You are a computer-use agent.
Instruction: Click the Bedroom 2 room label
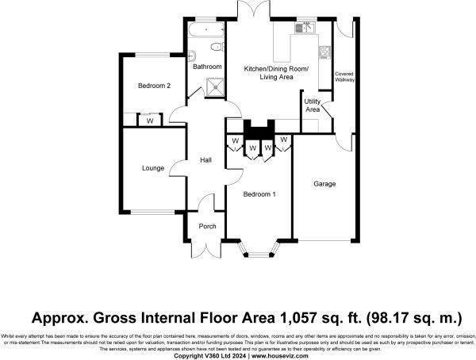tap(154, 86)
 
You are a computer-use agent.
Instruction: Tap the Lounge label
tap(153, 168)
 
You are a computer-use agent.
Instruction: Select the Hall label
tap(205, 160)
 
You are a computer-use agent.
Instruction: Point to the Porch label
tap(207, 226)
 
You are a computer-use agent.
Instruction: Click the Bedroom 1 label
tap(259, 194)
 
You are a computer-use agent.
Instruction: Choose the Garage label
tap(324, 184)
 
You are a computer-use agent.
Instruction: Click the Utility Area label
tap(313, 105)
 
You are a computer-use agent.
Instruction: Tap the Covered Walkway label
tap(344, 77)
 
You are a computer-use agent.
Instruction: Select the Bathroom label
tap(208, 67)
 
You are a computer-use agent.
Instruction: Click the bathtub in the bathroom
tap(205, 34)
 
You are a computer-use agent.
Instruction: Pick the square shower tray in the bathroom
tap(213, 88)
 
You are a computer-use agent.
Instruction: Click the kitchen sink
tap(306, 29)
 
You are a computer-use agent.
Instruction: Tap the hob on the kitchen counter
tap(324, 53)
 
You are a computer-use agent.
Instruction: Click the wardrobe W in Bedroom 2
tap(149, 121)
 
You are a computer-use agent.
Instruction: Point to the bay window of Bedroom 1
tap(259, 254)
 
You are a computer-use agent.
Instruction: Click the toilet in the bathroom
tap(193, 56)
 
